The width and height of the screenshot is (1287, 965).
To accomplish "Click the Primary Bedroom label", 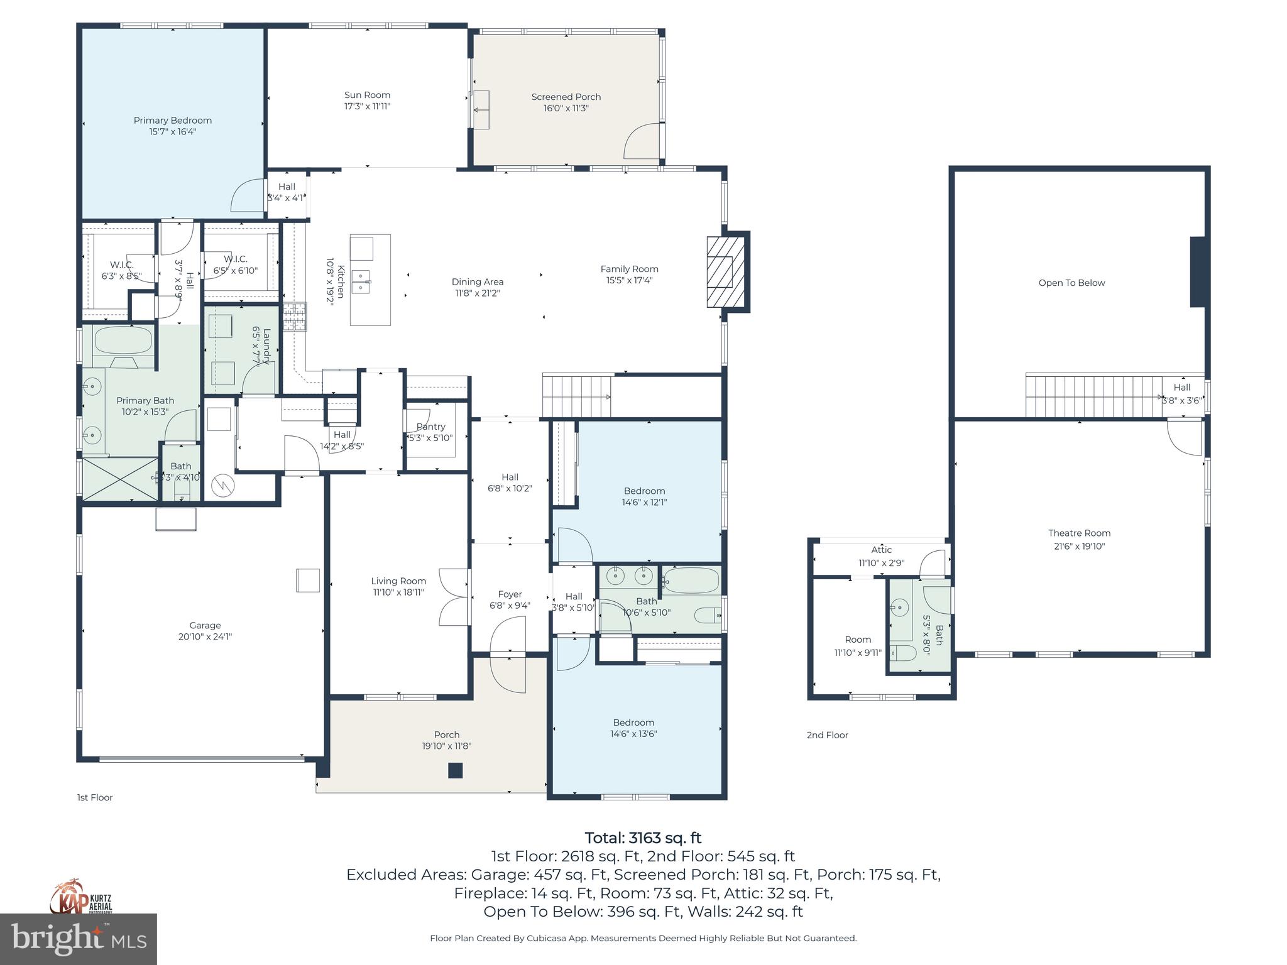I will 172,121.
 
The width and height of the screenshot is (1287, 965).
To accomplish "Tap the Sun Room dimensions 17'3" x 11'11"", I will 367,107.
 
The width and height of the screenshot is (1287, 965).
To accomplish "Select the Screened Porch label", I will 566,97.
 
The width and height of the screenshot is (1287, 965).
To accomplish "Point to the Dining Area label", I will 477,282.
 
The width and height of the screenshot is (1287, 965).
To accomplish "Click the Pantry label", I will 430,427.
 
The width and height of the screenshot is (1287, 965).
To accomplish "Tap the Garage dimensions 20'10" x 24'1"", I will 205,636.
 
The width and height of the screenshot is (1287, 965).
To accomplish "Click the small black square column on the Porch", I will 456,770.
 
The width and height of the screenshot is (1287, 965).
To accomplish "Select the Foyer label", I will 510,594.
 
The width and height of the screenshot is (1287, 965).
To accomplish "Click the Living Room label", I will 398,581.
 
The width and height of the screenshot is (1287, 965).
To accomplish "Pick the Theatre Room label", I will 1079,533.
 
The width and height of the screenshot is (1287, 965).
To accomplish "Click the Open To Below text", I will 1071,283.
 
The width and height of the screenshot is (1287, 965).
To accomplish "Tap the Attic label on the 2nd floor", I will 881,550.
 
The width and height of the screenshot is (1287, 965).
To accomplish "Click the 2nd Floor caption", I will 827,735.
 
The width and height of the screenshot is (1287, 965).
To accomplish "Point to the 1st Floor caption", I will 95,797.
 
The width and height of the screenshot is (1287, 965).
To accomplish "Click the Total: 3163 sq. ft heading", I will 643,838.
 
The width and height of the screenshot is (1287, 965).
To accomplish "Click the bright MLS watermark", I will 79,939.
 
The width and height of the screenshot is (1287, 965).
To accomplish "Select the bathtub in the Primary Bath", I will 123,341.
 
